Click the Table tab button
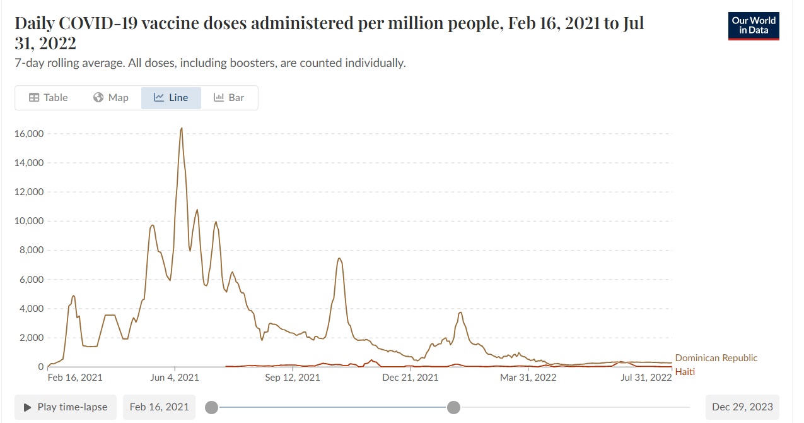49,98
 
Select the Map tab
111,98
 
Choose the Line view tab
171,98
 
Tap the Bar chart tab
229,98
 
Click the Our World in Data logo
754,26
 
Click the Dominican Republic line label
716,358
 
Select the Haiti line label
685,372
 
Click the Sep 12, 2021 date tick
292,378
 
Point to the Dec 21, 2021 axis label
411,378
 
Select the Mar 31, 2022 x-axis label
528,378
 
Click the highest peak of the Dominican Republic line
182,128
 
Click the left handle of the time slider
212,407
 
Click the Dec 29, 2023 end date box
742,407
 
